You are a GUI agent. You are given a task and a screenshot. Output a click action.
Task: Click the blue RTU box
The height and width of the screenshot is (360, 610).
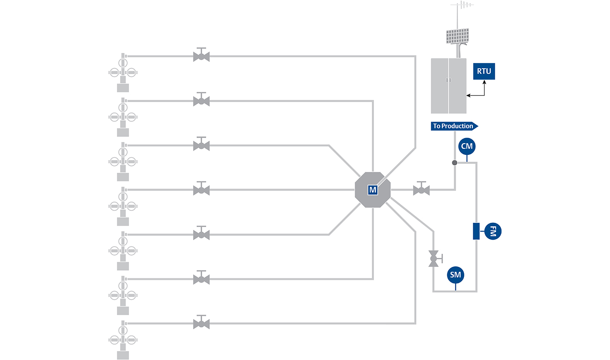tap(484, 71)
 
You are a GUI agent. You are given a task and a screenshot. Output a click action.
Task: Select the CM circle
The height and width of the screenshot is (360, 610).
tap(467, 147)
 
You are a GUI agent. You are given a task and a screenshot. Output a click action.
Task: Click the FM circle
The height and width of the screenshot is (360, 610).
tap(493, 231)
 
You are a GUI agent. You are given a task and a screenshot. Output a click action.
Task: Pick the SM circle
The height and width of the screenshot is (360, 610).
tap(455, 275)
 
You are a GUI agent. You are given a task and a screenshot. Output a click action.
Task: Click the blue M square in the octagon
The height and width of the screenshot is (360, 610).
tap(373, 190)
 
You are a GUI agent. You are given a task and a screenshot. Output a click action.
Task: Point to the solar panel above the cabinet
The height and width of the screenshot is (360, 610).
tap(457, 36)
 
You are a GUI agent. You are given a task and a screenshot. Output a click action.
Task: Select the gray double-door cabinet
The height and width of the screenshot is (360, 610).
tap(449, 86)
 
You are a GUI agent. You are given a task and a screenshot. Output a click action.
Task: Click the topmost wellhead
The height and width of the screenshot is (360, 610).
tap(123, 73)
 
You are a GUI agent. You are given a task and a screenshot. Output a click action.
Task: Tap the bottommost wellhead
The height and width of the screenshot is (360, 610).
tap(123, 340)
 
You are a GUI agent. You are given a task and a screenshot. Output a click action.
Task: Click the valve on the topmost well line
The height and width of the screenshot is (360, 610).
tap(201, 55)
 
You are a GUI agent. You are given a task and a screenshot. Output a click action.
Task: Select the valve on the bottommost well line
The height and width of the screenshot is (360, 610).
tap(201, 323)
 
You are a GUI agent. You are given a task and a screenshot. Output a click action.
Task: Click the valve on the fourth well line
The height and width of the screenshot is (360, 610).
tap(201, 189)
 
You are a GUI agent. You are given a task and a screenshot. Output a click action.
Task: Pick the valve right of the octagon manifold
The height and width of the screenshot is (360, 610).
tap(421, 189)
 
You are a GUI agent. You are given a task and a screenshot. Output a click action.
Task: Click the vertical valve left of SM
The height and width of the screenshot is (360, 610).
tap(434, 258)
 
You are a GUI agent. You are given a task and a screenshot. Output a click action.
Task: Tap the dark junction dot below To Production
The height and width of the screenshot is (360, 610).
tap(455, 163)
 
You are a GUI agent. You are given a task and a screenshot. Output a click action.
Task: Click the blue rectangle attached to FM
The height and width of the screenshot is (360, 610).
tap(476, 231)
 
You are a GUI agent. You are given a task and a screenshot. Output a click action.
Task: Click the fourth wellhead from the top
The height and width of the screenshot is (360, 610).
tap(123, 206)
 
